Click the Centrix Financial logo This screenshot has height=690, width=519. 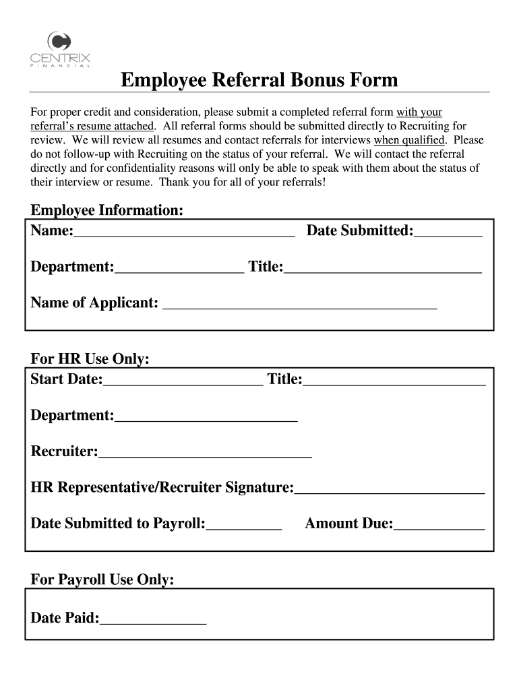pyautogui.click(x=60, y=49)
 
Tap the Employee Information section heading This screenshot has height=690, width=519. pyautogui.click(x=107, y=211)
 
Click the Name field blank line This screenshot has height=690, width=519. pyautogui.click(x=184, y=232)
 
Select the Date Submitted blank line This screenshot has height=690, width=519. pyautogui.click(x=448, y=232)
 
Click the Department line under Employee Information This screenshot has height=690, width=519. pyautogui.click(x=179, y=268)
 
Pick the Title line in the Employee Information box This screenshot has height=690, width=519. pyautogui.click(x=383, y=268)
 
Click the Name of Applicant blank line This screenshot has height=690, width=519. pyautogui.click(x=300, y=304)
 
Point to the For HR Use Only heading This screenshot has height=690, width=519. pyautogui.click(x=90, y=359)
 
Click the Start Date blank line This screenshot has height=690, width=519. pyautogui.click(x=183, y=381)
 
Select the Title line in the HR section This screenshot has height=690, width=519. pyautogui.click(x=394, y=381)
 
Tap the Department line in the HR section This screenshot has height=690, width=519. pyautogui.click(x=206, y=417)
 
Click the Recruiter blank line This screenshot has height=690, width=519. pyautogui.click(x=205, y=453)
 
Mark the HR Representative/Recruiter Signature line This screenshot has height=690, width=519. pyautogui.click(x=389, y=489)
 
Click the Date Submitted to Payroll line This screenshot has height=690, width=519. pyautogui.click(x=244, y=525)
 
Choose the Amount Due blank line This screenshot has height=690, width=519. pyautogui.click(x=439, y=525)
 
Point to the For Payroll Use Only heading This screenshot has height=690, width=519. pyautogui.click(x=102, y=579)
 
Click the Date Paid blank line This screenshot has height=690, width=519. pyautogui.click(x=153, y=619)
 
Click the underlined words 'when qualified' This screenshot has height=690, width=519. pyautogui.click(x=409, y=140)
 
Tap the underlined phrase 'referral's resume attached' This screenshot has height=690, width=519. pyautogui.click(x=93, y=126)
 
